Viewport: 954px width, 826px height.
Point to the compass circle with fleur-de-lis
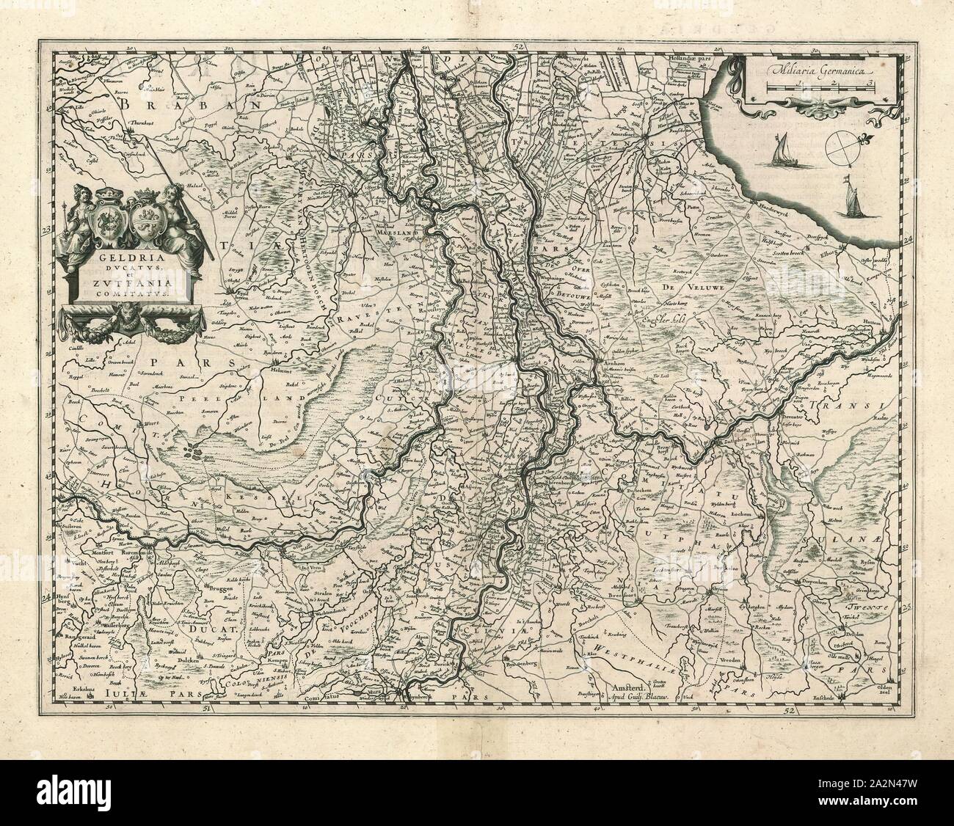point(837,147)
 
